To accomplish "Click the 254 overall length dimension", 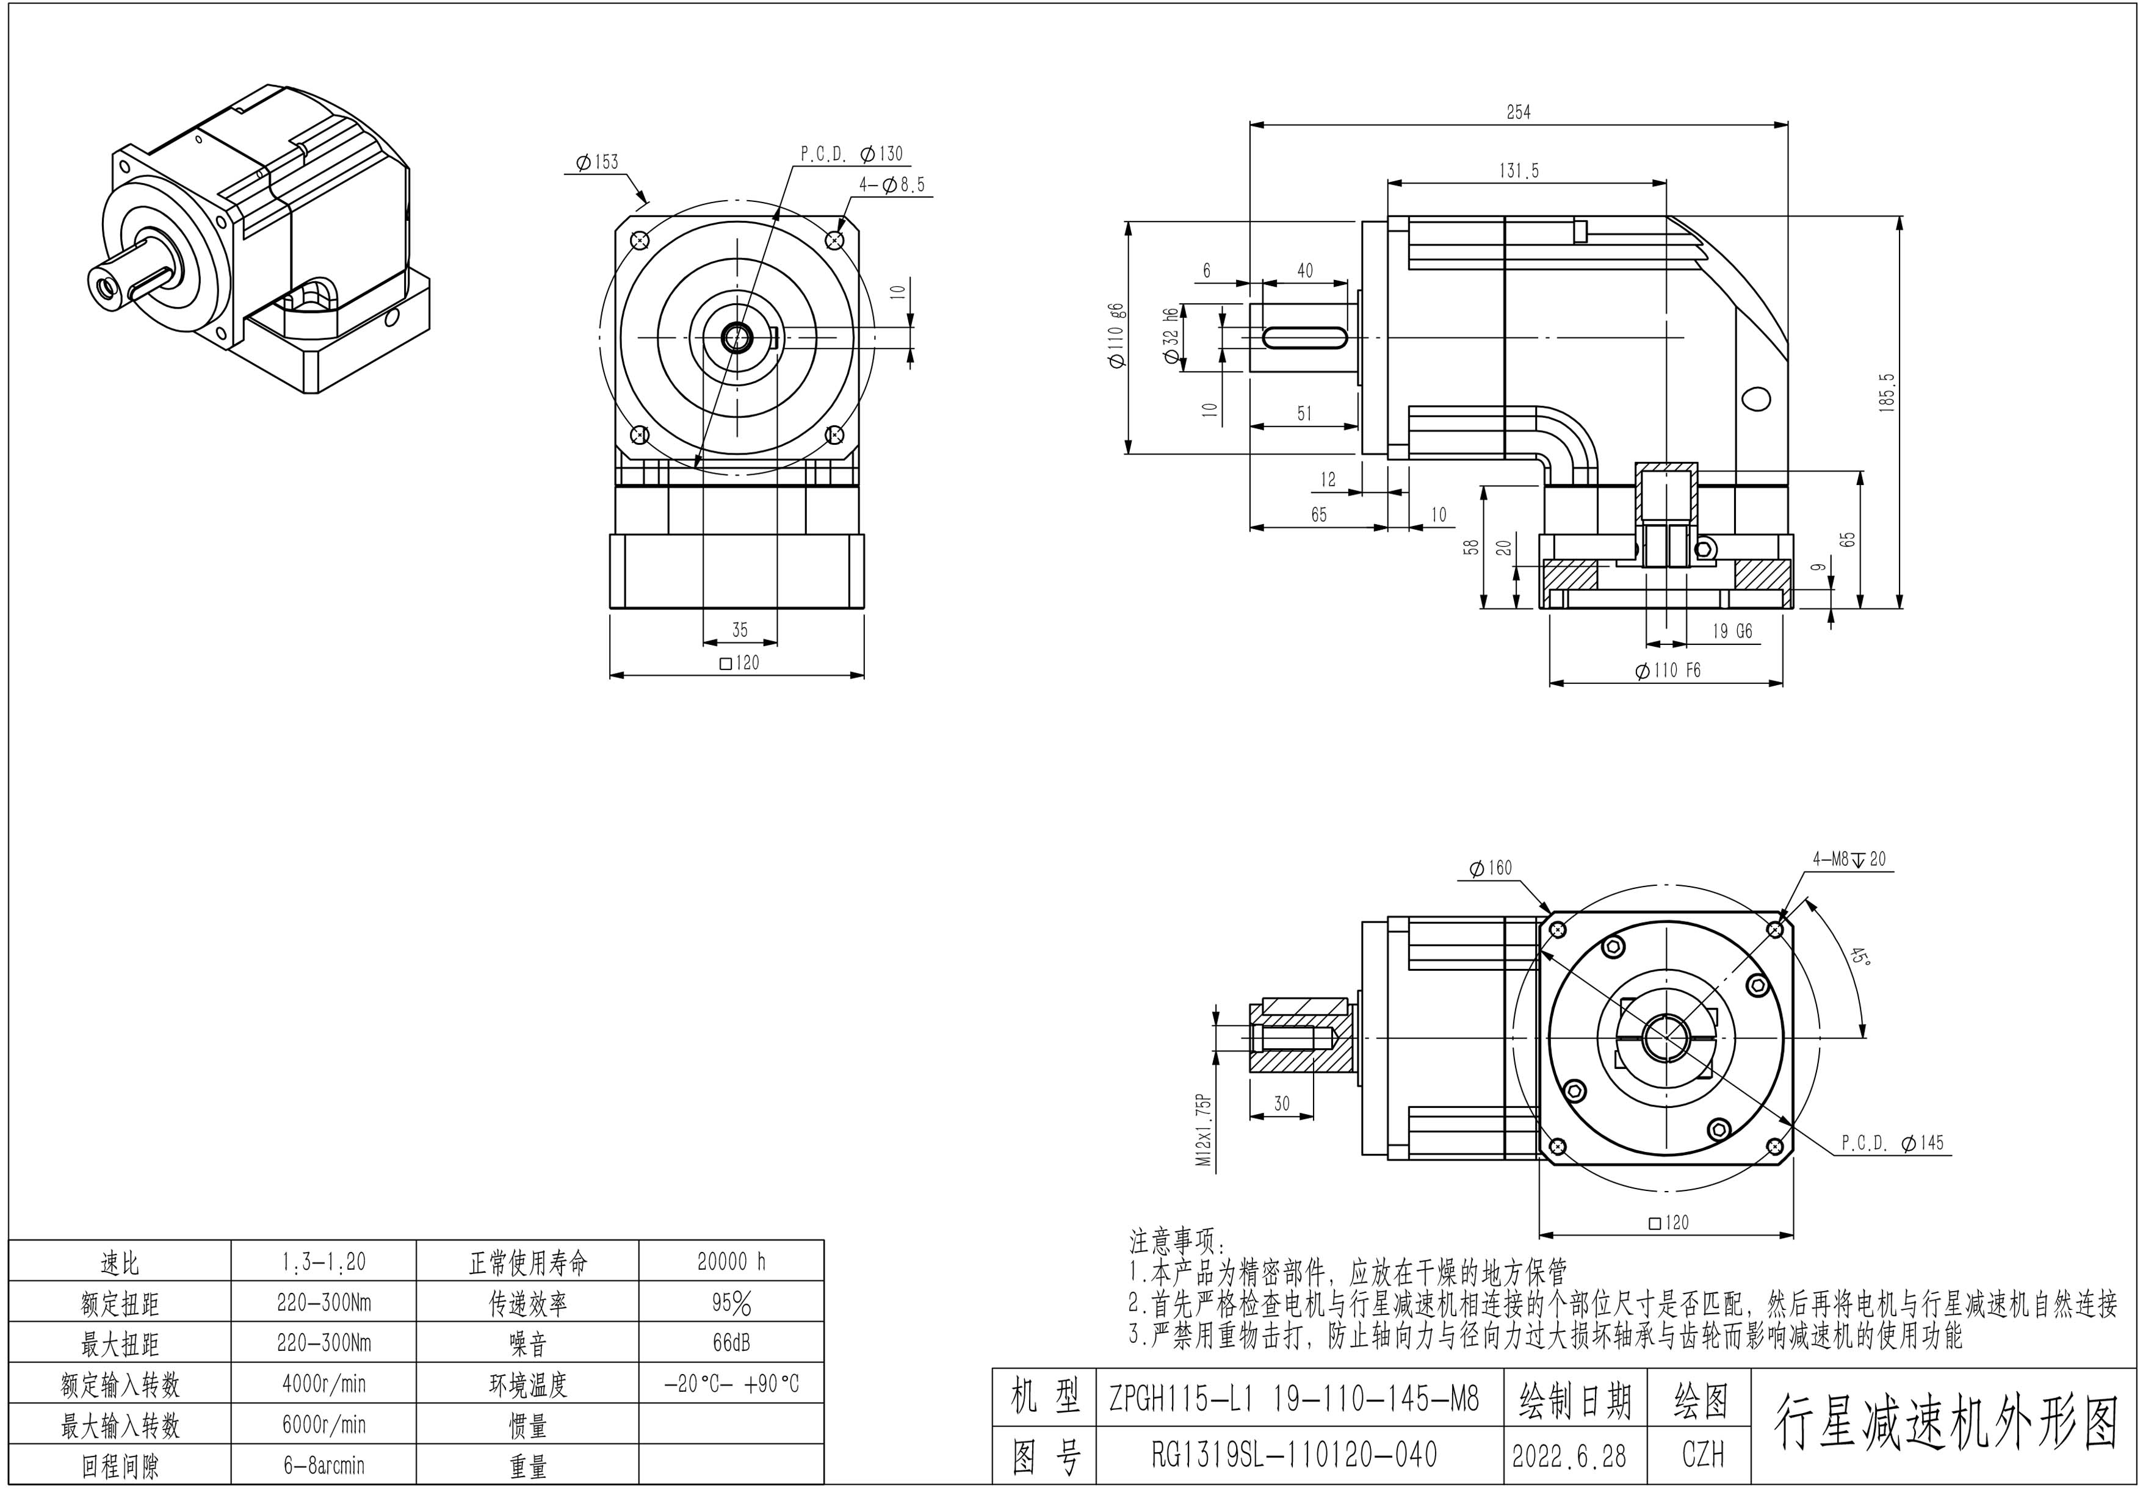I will coord(1518,112).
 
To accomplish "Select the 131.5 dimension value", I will coord(1519,171).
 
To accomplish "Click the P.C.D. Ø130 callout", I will coord(852,154).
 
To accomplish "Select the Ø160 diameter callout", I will coord(1491,868).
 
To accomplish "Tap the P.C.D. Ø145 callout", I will coord(1892,1143).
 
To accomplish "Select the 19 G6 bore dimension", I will coord(1732,631).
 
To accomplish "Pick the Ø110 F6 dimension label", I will coord(1668,670).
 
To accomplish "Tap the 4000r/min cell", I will coord(324,1384).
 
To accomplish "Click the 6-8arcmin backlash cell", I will coord(324,1465).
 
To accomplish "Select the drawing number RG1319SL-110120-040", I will coord(1293,1455).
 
